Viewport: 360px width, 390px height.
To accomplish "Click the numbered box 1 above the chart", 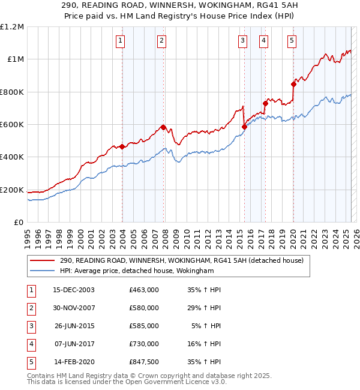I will point(121,41).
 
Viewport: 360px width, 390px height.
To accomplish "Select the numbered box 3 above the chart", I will point(242,41).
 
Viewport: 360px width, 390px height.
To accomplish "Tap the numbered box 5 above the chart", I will point(292,41).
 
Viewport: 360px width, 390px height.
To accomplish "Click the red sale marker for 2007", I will point(163,127).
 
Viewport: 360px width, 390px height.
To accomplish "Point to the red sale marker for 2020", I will point(293,84).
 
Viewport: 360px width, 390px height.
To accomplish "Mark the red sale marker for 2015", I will point(244,127).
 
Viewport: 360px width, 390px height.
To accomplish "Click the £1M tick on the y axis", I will point(14,59).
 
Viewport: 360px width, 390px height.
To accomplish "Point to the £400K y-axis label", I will point(12,157).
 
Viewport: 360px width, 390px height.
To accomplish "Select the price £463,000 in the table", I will point(144,290).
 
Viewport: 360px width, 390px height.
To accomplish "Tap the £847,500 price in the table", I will point(144,362).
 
